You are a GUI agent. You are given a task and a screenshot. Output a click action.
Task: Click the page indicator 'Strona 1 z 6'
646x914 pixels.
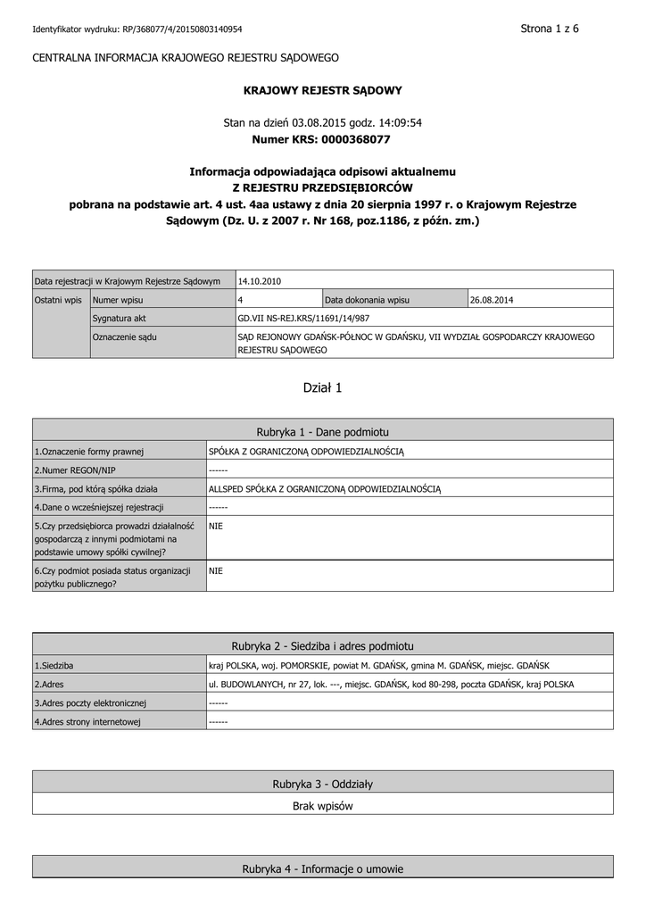550,29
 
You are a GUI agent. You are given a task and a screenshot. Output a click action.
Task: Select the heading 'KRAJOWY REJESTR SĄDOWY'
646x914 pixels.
323,90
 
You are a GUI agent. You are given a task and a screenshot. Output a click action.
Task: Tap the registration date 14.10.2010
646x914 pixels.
260,281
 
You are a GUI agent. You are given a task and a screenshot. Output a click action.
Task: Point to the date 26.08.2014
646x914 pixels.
492,300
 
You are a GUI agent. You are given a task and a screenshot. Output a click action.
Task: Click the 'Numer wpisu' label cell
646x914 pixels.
119,300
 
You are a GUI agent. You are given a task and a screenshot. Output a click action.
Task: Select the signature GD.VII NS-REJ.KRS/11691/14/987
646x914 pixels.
303,318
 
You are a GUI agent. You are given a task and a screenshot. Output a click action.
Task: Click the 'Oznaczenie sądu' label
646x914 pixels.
125,337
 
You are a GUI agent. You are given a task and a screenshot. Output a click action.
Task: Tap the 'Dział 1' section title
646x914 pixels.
323,387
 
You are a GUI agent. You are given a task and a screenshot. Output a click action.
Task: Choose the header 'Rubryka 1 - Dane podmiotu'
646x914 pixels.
323,430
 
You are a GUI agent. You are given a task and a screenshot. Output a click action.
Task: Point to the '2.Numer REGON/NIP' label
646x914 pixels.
75,470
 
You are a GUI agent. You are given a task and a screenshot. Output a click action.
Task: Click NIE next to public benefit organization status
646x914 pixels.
216,570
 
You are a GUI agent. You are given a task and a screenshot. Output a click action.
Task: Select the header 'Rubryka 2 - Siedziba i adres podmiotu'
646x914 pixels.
323,645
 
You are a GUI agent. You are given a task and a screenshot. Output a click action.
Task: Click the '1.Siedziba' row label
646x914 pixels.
54,666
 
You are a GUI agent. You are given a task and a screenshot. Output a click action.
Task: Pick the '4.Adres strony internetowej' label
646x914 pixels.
87,722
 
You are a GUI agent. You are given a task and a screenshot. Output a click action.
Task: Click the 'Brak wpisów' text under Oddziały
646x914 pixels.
323,806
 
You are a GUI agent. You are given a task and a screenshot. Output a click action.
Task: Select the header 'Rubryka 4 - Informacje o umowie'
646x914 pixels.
323,868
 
